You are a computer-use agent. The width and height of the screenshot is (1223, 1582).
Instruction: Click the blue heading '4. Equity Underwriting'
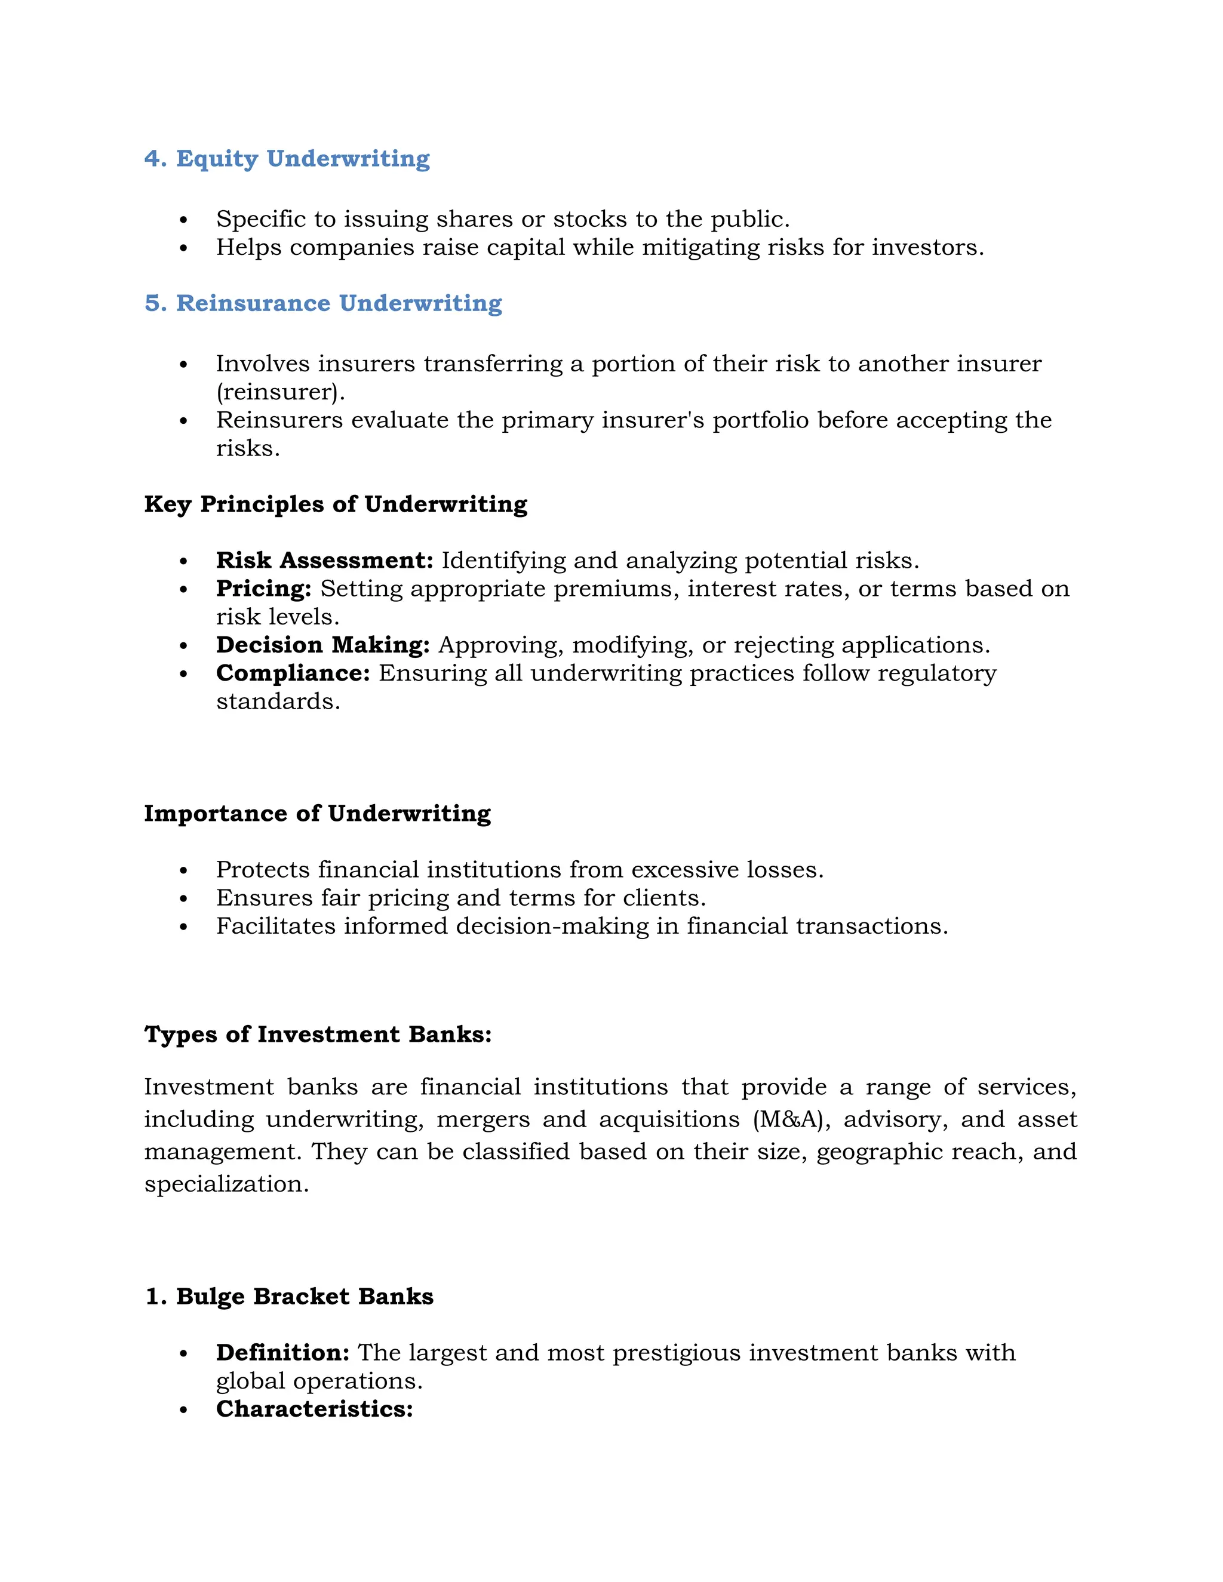point(287,159)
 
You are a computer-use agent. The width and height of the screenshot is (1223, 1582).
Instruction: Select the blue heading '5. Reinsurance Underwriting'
point(323,303)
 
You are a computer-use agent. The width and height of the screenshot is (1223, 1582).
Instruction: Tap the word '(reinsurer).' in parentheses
point(281,392)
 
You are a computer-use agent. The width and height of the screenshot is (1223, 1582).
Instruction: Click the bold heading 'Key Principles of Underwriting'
point(336,504)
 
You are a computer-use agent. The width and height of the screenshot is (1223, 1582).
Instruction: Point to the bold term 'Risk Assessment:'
point(324,561)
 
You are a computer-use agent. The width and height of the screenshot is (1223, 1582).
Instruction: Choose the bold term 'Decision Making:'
point(322,645)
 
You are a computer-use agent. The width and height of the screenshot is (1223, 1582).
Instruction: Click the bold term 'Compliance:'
point(293,673)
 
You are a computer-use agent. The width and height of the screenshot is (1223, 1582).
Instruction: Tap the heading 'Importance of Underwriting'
point(317,814)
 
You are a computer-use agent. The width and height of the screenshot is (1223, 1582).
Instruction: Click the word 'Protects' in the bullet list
point(262,869)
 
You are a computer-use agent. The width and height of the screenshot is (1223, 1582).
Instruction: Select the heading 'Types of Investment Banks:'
point(317,1035)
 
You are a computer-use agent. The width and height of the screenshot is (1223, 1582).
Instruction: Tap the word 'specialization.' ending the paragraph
point(226,1184)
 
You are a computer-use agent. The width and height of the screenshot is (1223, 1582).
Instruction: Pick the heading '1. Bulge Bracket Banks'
point(289,1297)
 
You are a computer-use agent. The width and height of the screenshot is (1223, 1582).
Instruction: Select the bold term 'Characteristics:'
point(314,1409)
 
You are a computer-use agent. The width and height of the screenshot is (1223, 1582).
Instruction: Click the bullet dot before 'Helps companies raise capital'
point(183,248)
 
